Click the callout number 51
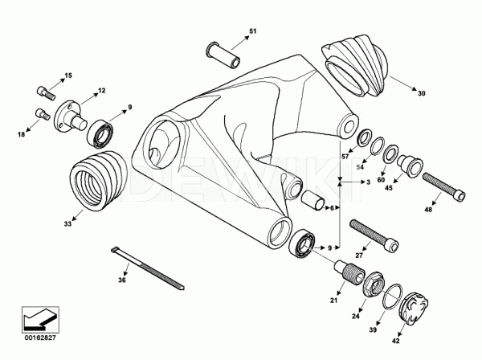pyautogui.click(x=252, y=31)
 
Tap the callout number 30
pyautogui.click(x=421, y=93)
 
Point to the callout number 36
pyautogui.click(x=122, y=280)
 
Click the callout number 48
pyautogui.click(x=427, y=211)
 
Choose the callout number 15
pyautogui.click(x=68, y=76)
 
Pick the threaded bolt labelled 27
pyautogui.click(x=370, y=234)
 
